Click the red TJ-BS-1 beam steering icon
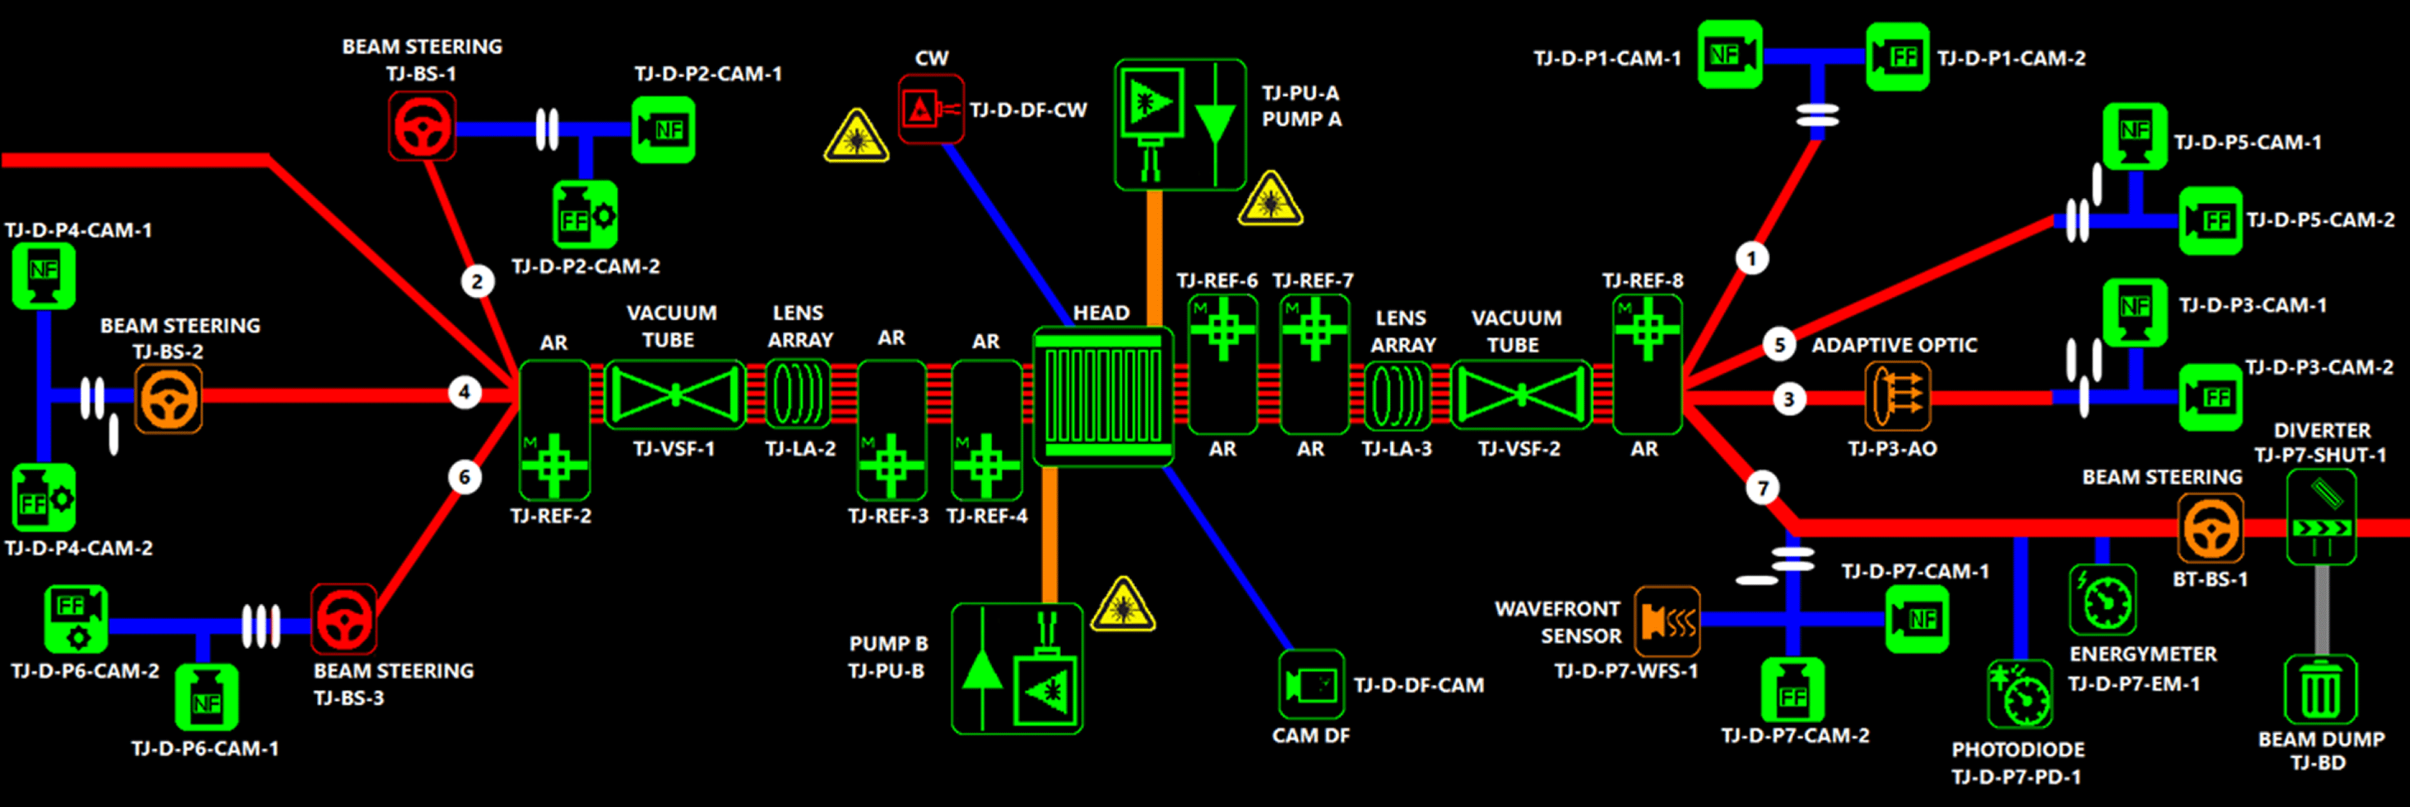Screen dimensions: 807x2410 point(422,126)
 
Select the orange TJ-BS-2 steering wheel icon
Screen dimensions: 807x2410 point(168,398)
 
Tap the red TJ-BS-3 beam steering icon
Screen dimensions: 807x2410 point(344,619)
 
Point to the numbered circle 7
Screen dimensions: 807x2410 point(1763,487)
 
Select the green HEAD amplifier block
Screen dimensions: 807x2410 point(1103,396)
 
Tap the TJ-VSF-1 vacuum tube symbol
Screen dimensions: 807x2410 point(675,395)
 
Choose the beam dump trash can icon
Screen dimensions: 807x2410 point(2320,690)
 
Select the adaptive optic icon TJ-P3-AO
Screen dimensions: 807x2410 point(1896,396)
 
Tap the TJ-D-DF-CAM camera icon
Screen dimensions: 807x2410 point(1311,685)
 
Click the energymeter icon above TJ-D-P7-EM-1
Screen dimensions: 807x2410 point(2102,599)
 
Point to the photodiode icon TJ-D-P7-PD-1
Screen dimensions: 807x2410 point(2020,693)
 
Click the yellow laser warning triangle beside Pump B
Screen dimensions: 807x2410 point(1123,605)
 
